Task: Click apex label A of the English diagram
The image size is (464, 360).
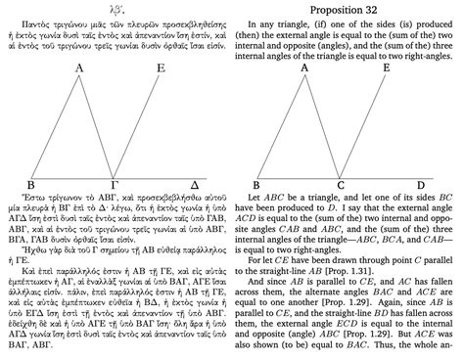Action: [x=305, y=68]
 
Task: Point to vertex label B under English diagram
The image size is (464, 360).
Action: [x=256, y=184]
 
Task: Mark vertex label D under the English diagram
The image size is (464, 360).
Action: [x=421, y=184]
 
